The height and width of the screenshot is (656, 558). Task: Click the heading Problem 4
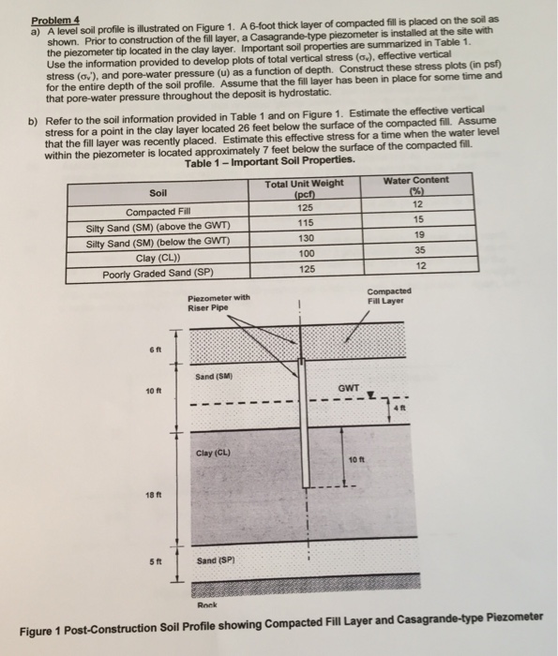pos(53,19)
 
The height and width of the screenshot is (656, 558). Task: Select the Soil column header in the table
pos(156,194)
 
